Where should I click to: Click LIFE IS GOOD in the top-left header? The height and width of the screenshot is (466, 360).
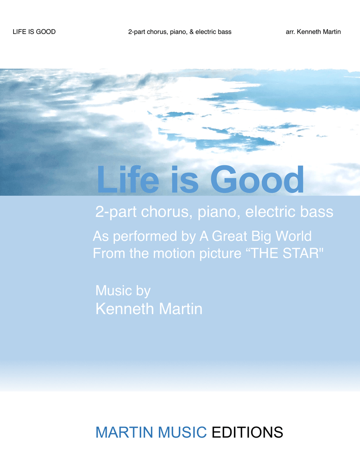[x=34, y=32]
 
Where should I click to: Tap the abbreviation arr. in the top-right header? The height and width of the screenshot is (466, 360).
[x=290, y=32]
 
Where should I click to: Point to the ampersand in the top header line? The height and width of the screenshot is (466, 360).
[x=191, y=32]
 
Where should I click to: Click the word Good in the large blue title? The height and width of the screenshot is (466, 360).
[x=257, y=179]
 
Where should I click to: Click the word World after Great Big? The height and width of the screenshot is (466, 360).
[x=294, y=236]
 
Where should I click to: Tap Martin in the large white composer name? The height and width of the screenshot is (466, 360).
[x=180, y=309]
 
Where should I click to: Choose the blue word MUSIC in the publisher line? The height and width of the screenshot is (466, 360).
[x=182, y=432]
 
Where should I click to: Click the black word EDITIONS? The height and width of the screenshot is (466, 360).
[x=247, y=432]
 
